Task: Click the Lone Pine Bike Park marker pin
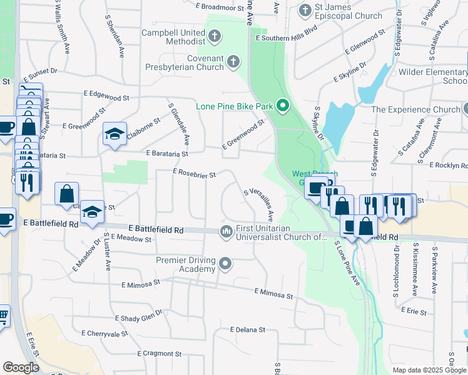coord(282,106)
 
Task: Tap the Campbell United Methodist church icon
coord(215,36)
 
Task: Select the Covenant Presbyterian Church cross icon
coord(233,62)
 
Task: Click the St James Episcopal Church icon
coord(305,11)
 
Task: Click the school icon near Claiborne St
coord(114,133)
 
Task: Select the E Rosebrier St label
coord(195,174)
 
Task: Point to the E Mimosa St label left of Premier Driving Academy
coord(141,282)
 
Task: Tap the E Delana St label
coord(248,329)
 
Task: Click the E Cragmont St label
coord(145,353)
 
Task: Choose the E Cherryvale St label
coord(104,334)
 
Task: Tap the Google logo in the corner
coord(21,367)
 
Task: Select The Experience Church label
coord(415,109)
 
